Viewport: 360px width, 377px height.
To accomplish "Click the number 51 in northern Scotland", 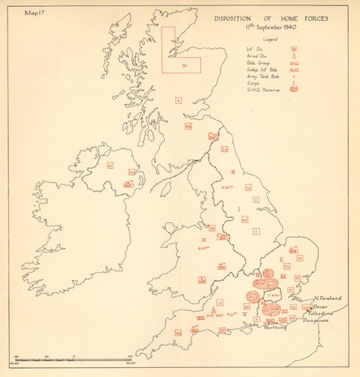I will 183,67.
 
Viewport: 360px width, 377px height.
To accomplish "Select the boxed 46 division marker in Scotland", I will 188,127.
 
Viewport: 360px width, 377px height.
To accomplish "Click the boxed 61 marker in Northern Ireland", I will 109,165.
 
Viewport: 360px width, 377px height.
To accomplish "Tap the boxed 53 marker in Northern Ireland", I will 131,173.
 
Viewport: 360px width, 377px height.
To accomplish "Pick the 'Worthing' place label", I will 274,328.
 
